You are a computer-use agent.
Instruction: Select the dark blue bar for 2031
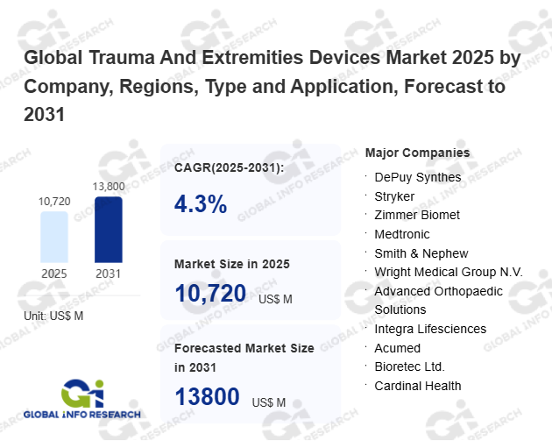click(x=109, y=229)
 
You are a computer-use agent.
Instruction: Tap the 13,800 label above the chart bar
click(x=109, y=186)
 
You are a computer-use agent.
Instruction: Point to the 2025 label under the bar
click(x=53, y=273)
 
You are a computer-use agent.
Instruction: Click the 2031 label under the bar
click(x=109, y=273)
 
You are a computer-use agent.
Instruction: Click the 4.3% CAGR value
click(x=201, y=204)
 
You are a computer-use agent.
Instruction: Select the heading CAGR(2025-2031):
click(x=229, y=167)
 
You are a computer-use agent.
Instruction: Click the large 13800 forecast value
click(x=208, y=396)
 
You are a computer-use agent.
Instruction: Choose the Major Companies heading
click(x=417, y=153)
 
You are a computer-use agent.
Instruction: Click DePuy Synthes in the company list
click(x=417, y=177)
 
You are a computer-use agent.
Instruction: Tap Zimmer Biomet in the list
click(x=416, y=215)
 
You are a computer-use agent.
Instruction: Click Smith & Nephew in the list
click(x=421, y=253)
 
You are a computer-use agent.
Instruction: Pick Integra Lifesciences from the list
click(x=429, y=329)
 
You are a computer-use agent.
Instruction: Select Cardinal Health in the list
click(x=417, y=386)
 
